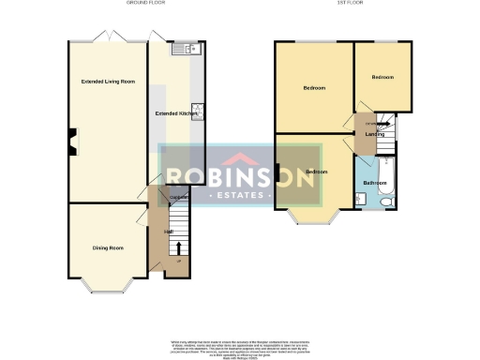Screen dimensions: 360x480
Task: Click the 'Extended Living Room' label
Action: click(x=108, y=82)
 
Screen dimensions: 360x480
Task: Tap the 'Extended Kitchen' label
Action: click(x=176, y=113)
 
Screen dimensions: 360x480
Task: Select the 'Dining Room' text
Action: click(x=108, y=247)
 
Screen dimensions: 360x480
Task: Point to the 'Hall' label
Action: click(x=169, y=232)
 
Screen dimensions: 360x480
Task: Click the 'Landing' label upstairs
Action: click(x=374, y=135)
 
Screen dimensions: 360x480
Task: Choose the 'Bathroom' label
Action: click(x=375, y=182)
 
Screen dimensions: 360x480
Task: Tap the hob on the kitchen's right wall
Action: click(x=198, y=109)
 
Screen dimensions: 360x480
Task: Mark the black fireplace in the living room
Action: click(x=72, y=143)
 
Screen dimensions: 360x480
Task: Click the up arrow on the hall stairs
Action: click(x=179, y=247)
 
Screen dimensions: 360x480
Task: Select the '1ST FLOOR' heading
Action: click(x=345, y=4)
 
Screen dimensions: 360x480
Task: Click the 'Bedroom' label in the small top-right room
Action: click(x=382, y=76)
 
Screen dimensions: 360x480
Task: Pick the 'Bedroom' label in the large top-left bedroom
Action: click(x=314, y=88)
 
